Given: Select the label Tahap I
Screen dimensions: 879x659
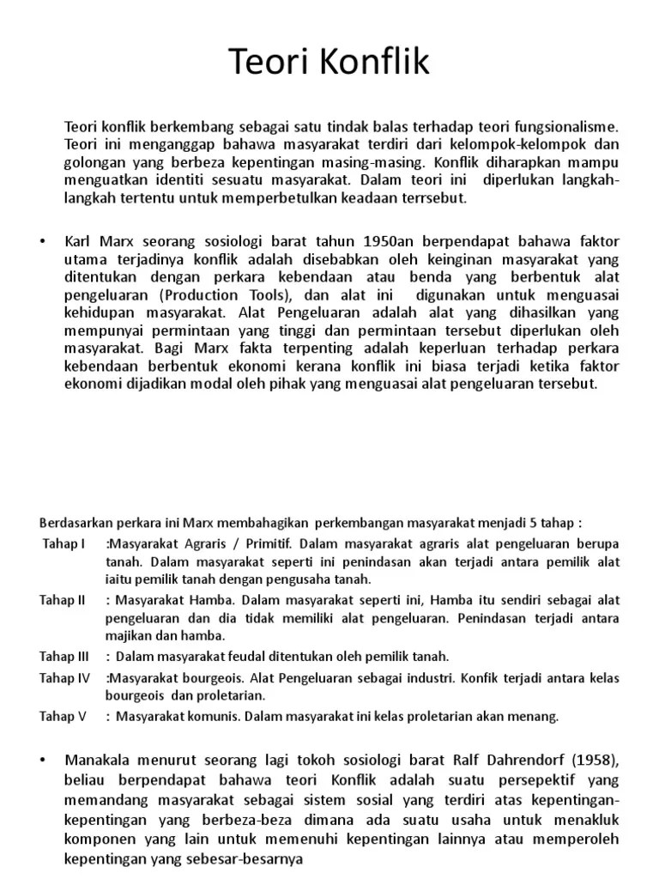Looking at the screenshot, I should tap(63, 544).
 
